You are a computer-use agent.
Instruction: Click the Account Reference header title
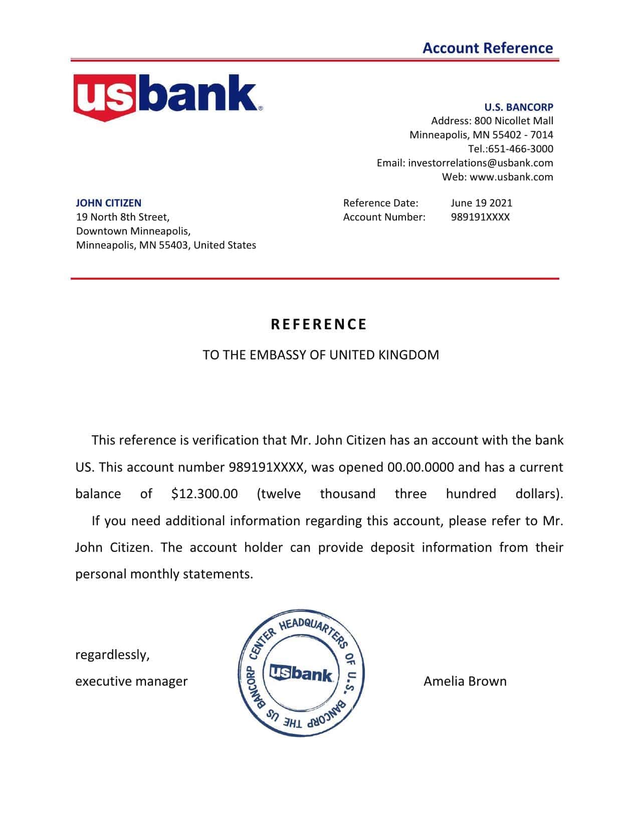pyautogui.click(x=487, y=48)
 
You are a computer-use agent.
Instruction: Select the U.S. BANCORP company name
pyautogui.click(x=518, y=107)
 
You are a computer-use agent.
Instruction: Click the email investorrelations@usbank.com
pyautogui.click(x=480, y=163)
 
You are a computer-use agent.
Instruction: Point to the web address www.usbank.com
pyautogui.click(x=511, y=177)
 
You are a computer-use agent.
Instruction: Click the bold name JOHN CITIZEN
pyautogui.click(x=108, y=203)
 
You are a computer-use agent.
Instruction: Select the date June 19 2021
pyautogui.click(x=481, y=203)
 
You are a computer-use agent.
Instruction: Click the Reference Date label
pyautogui.click(x=380, y=203)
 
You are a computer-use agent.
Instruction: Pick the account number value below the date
pyautogui.click(x=480, y=217)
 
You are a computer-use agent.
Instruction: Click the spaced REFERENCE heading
pyautogui.click(x=319, y=324)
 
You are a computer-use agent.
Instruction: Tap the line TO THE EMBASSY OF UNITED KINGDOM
pyautogui.click(x=320, y=355)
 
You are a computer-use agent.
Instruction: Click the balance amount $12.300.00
pyautogui.click(x=204, y=494)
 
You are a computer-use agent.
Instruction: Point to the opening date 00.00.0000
pyautogui.click(x=420, y=467)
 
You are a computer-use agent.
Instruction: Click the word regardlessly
pyautogui.click(x=112, y=655)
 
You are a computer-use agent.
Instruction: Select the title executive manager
pyautogui.click(x=131, y=681)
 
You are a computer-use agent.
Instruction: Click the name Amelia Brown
pyautogui.click(x=465, y=681)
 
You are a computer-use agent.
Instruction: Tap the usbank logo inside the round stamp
pyautogui.click(x=301, y=673)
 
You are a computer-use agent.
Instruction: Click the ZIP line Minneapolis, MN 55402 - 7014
pyautogui.click(x=481, y=135)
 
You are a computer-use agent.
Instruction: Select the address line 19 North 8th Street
pyautogui.click(x=122, y=217)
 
